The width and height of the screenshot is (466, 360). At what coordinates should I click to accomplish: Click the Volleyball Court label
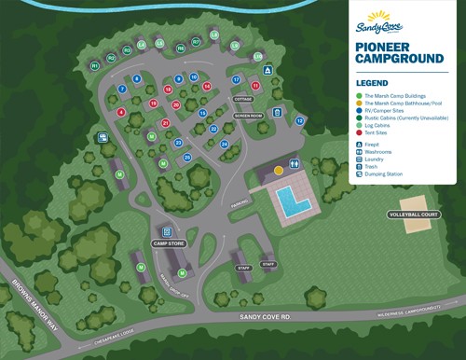pyautogui.click(x=415, y=215)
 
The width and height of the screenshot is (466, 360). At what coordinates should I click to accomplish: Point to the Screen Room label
pyautogui.click(x=248, y=116)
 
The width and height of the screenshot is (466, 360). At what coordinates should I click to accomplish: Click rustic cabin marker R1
pyautogui.click(x=95, y=66)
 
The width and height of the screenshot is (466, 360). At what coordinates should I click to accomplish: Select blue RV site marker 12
pyautogui.click(x=299, y=121)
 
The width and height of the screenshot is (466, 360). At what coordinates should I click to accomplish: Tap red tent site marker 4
pyautogui.click(x=121, y=112)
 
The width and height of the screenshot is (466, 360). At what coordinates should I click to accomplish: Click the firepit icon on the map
pyautogui.click(x=267, y=71)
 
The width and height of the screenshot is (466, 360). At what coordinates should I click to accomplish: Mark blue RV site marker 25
pyautogui.click(x=187, y=158)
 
